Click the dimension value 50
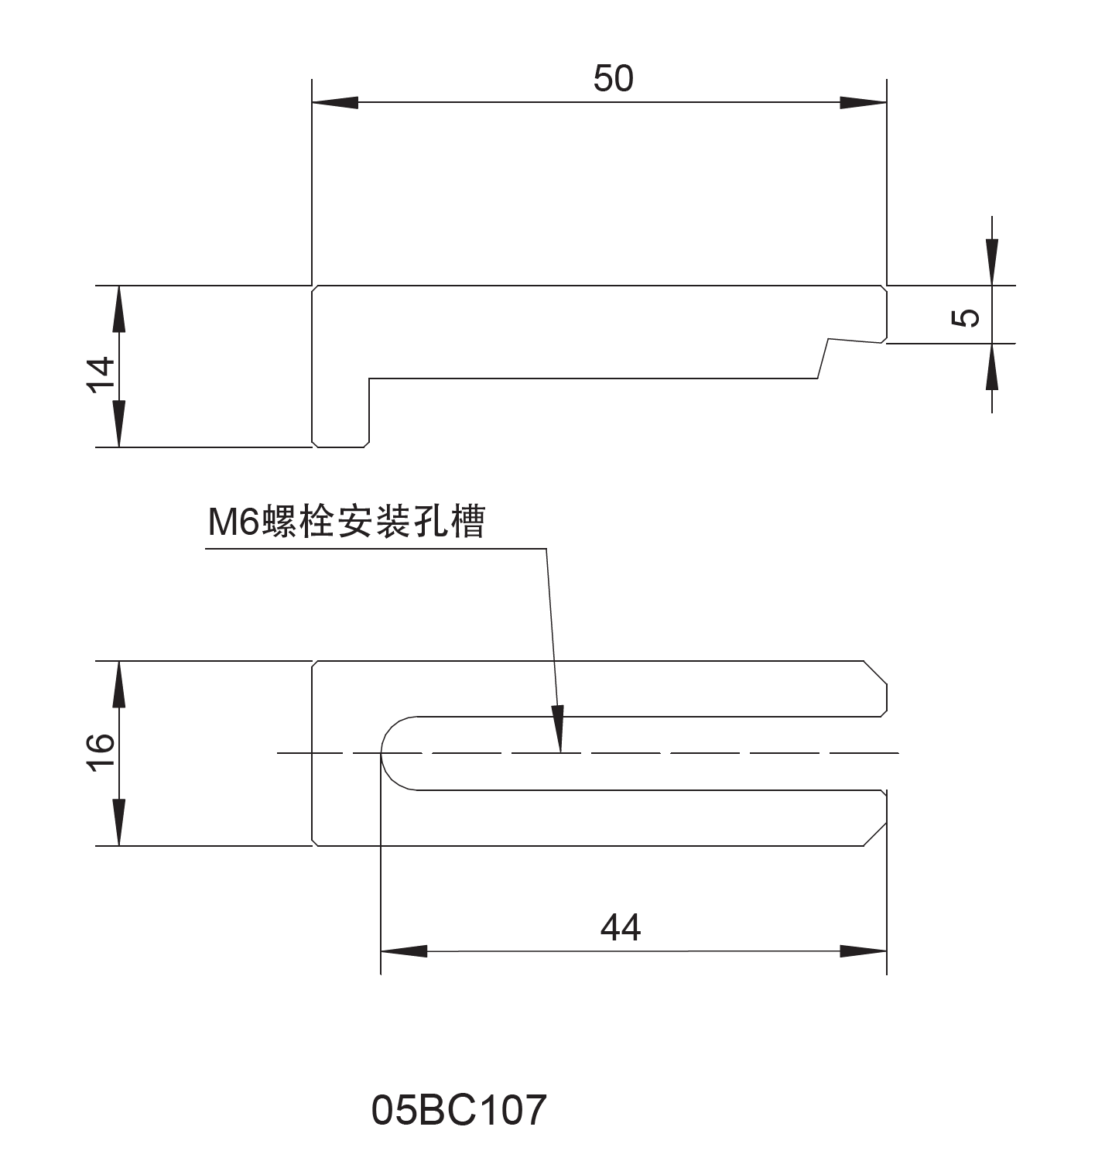[x=613, y=79]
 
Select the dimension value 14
[x=101, y=375]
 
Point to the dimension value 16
[x=101, y=753]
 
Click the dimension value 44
[x=621, y=927]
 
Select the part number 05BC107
[x=459, y=1110]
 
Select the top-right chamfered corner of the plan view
[x=875, y=673]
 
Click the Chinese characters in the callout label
[x=374, y=522]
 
